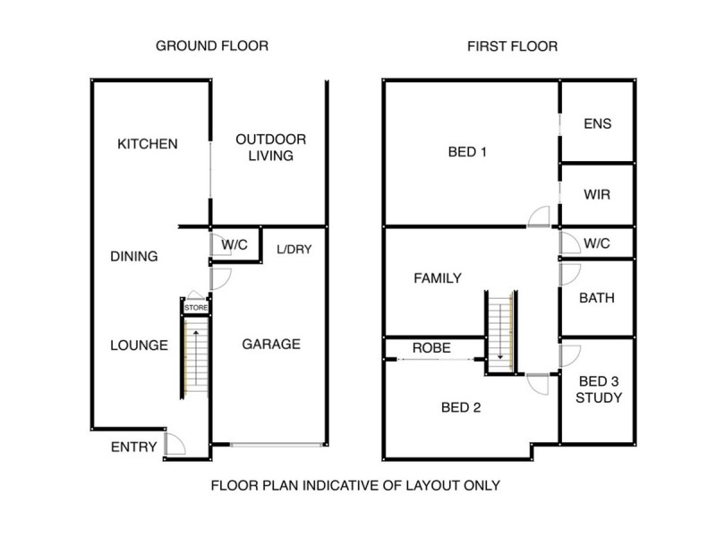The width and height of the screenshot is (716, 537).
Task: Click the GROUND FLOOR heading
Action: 212,46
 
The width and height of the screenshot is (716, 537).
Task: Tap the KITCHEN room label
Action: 148,144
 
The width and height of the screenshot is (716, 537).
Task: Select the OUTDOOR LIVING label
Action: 270,148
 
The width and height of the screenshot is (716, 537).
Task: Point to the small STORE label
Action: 196,309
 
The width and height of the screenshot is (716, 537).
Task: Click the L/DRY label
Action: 293,250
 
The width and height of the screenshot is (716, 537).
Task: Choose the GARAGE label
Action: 270,344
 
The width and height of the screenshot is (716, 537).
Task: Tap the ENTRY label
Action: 133,447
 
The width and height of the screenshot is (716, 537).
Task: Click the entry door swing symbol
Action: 175,445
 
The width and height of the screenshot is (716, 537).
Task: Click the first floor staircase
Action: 497,331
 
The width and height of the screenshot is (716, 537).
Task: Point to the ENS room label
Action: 597,124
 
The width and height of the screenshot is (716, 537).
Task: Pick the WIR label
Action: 597,194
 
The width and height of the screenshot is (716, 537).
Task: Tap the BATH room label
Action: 597,298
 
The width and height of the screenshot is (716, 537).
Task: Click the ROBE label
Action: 431,348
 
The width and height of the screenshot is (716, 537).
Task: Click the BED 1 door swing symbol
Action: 539,217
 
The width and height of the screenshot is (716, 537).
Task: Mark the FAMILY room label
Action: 438,278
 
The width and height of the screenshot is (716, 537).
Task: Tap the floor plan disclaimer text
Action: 354,486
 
